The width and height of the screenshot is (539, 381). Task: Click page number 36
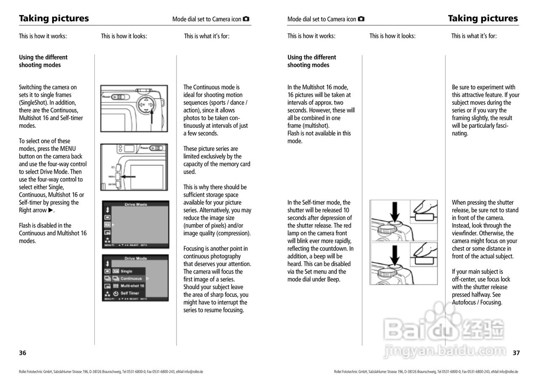pyautogui.click(x=22, y=353)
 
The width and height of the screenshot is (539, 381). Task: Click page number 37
pyautogui.click(x=516, y=353)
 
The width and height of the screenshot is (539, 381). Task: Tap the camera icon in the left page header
pyautogui.click(x=246, y=19)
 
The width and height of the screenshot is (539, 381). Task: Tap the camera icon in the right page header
pyautogui.click(x=361, y=19)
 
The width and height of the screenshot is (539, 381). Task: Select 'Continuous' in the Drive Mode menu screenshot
pyautogui.click(x=131, y=279)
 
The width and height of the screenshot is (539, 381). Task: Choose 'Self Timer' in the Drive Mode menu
pyautogui.click(x=130, y=293)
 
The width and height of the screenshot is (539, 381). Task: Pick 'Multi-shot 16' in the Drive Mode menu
pyautogui.click(x=132, y=286)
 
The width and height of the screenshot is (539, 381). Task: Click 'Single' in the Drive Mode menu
pyautogui.click(x=126, y=271)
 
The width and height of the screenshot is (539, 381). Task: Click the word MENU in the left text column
pyautogui.click(x=68, y=149)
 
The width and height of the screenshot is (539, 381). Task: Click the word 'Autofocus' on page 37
pyautogui.click(x=464, y=302)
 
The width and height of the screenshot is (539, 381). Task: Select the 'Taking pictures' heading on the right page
pyautogui.click(x=483, y=18)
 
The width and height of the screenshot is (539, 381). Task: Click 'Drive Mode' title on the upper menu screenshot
pyautogui.click(x=136, y=204)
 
